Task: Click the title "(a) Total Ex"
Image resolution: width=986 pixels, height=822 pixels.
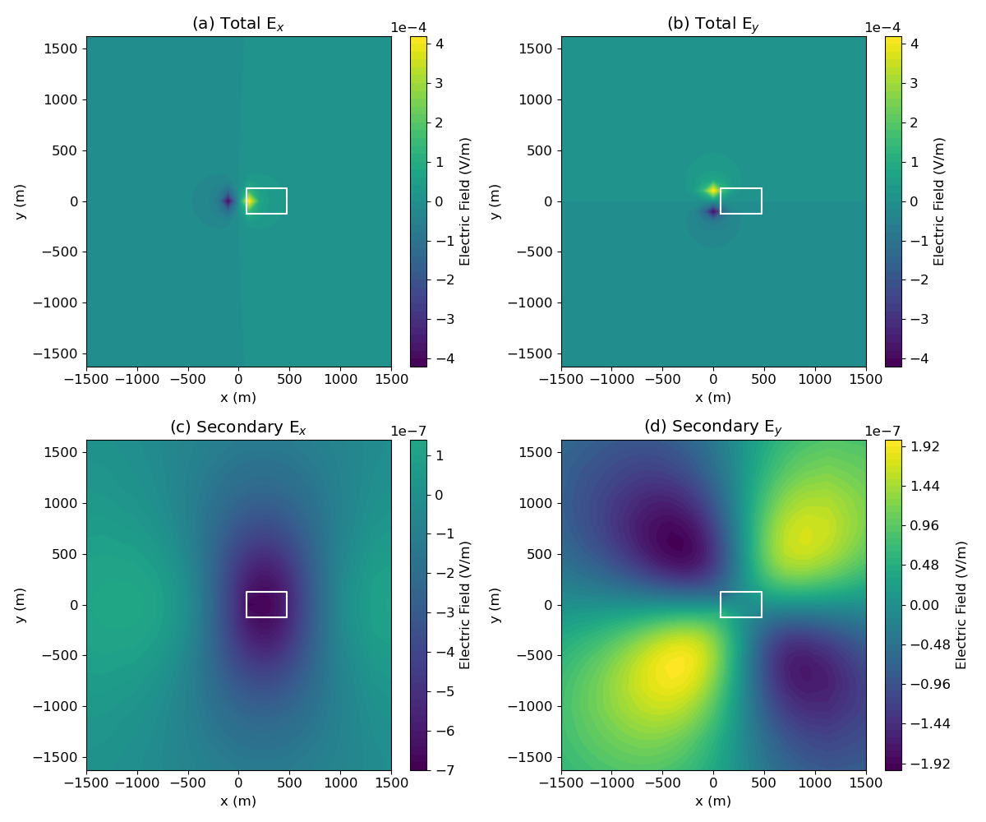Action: (238, 24)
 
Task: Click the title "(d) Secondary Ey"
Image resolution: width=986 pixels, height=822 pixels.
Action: (713, 427)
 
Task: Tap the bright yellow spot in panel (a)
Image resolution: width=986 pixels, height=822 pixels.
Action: (249, 201)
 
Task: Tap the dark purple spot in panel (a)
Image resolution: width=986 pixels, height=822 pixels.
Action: (228, 201)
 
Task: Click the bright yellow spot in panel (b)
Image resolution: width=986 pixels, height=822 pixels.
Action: (713, 190)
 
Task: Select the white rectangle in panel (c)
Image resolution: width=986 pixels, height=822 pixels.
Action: (266, 604)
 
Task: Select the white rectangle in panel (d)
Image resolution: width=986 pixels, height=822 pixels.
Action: (741, 604)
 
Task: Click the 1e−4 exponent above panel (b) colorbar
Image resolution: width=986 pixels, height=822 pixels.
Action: (882, 28)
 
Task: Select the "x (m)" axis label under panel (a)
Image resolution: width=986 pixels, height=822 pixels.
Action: (238, 398)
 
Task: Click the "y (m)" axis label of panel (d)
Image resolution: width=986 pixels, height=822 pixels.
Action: (495, 604)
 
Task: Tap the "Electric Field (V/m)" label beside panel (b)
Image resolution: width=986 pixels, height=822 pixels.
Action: (940, 201)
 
